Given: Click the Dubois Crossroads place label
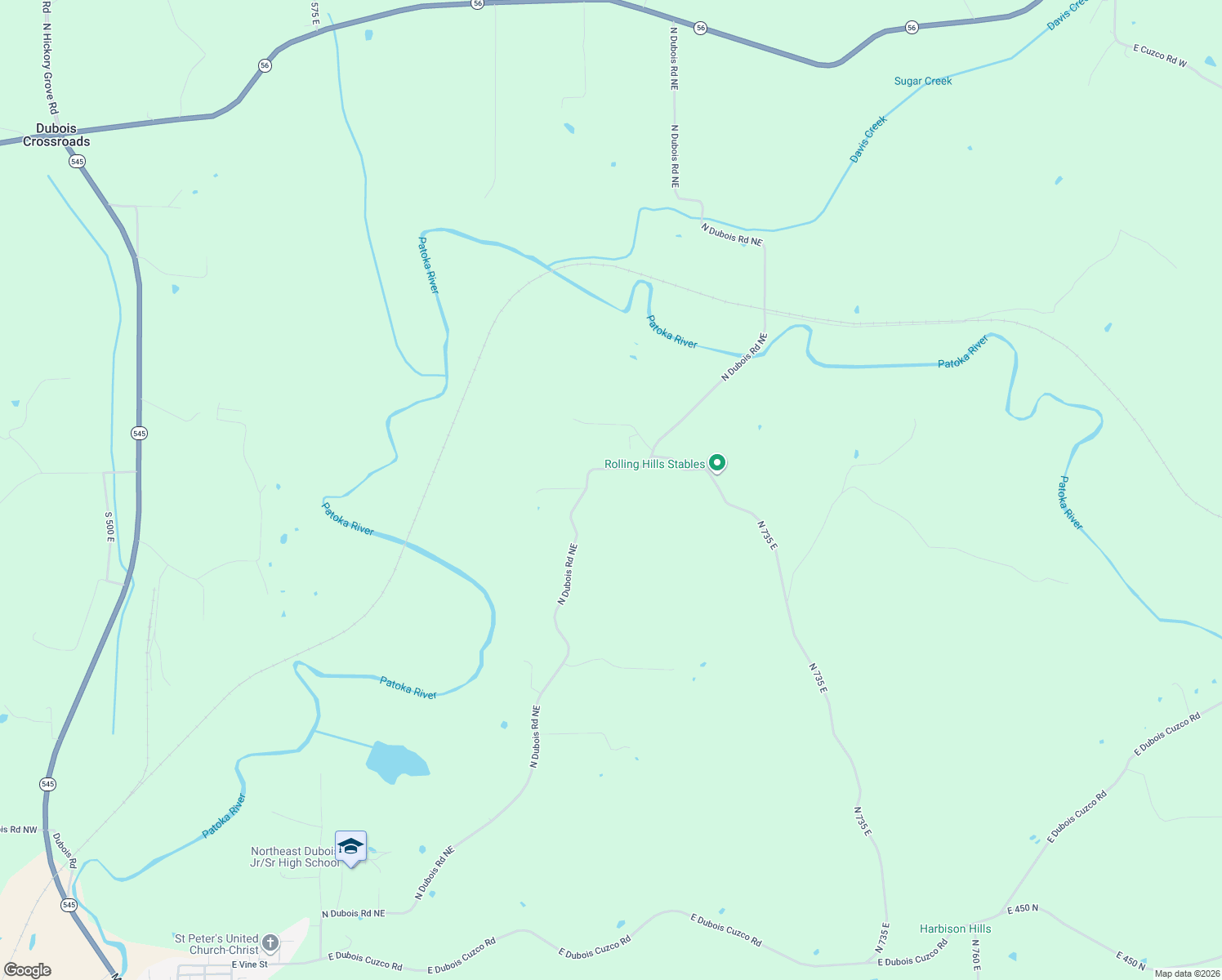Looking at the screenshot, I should pyautogui.click(x=56, y=135).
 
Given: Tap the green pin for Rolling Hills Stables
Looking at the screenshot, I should pyautogui.click(x=717, y=463).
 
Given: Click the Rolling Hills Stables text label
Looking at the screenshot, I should pyautogui.click(x=654, y=464).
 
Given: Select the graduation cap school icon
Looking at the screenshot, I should pyautogui.click(x=350, y=847).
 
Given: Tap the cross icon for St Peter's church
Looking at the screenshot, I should pyautogui.click(x=270, y=943).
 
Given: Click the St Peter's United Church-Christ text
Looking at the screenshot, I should pyautogui.click(x=216, y=944).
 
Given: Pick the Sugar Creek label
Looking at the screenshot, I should pyautogui.click(x=923, y=81).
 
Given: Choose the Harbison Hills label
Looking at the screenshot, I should pyautogui.click(x=955, y=929).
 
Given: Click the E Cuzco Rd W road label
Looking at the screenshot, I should pyautogui.click(x=1160, y=56).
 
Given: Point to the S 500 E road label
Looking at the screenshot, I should pyautogui.click(x=109, y=528).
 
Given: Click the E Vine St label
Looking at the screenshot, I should pyautogui.click(x=249, y=964).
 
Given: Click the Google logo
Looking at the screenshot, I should pyautogui.click(x=27, y=970).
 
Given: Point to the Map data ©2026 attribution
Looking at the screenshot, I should pyautogui.click(x=1187, y=973).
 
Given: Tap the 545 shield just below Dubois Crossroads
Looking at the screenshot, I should pyautogui.click(x=77, y=162).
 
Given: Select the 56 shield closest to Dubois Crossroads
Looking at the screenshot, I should pyautogui.click(x=265, y=65).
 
